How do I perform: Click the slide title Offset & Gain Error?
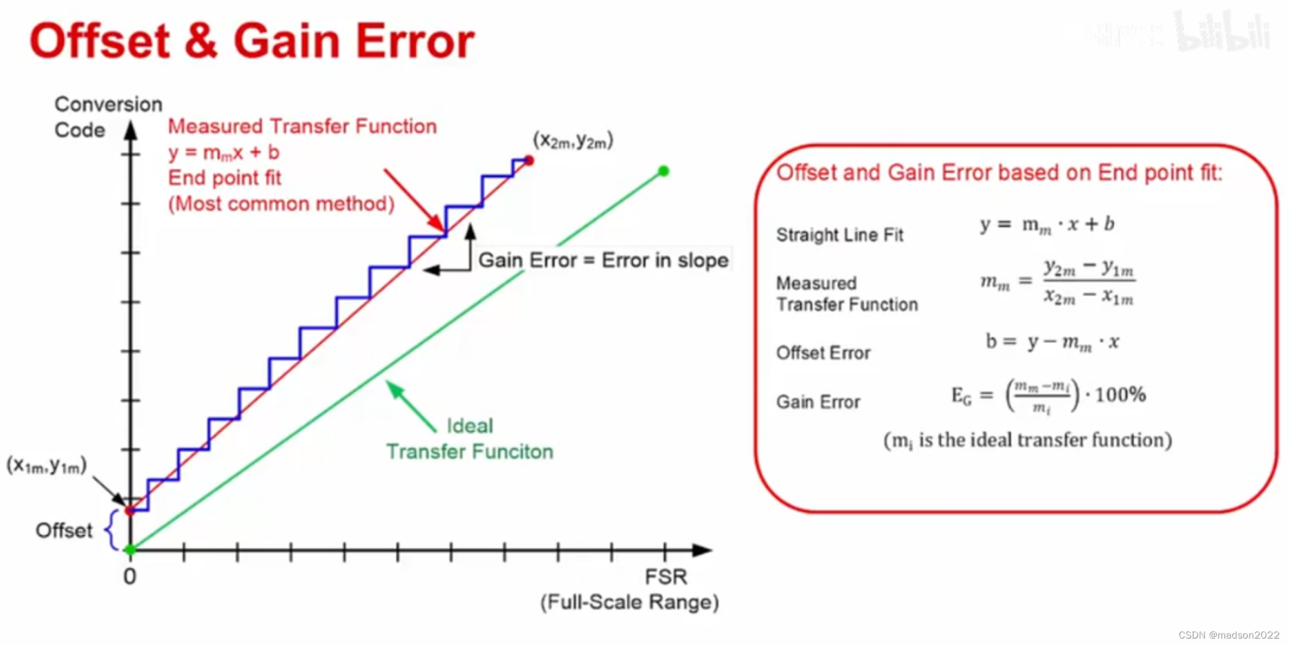pyautogui.click(x=252, y=41)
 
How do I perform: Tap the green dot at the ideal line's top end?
pyautogui.click(x=664, y=171)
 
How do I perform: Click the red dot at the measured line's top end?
pyautogui.click(x=529, y=160)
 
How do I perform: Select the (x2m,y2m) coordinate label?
pyautogui.click(x=573, y=140)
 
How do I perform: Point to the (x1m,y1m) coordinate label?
pyautogui.click(x=46, y=465)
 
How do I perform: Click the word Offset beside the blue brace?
pyautogui.click(x=64, y=530)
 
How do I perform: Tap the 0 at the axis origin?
pyautogui.click(x=130, y=576)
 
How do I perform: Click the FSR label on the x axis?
pyautogui.click(x=666, y=577)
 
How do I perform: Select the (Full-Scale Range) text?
pyautogui.click(x=630, y=602)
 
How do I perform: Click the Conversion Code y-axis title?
pyautogui.click(x=108, y=117)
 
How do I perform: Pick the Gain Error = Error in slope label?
pyautogui.click(x=603, y=260)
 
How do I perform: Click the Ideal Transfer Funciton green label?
pyautogui.click(x=470, y=439)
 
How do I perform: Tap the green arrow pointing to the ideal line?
pyautogui.click(x=411, y=407)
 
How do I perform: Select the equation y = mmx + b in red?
pyautogui.click(x=224, y=153)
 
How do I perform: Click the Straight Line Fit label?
pyautogui.click(x=840, y=235)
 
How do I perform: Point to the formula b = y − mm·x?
pyautogui.click(x=1052, y=342)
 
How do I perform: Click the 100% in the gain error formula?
pyautogui.click(x=1120, y=394)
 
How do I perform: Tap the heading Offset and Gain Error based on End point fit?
pyautogui.click(x=999, y=173)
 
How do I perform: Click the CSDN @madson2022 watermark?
pyautogui.click(x=1229, y=635)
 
